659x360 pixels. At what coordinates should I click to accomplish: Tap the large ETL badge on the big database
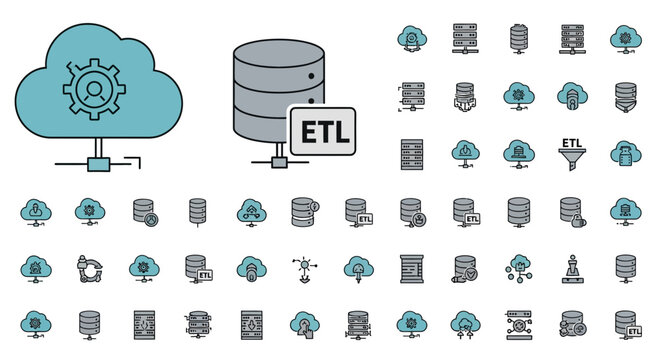[x=322, y=133]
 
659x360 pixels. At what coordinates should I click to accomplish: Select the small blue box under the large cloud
[x=99, y=162]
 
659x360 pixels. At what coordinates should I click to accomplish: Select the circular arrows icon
[x=90, y=267]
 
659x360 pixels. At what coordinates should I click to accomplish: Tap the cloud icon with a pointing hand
[x=304, y=324]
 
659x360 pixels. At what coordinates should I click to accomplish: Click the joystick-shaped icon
[x=572, y=268]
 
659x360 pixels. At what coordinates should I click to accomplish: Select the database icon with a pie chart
[x=143, y=211]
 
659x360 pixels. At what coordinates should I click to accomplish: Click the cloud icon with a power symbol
[x=464, y=152]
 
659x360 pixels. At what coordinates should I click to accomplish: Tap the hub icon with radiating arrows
[x=304, y=267]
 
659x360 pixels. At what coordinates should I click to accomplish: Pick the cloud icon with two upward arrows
[x=464, y=323]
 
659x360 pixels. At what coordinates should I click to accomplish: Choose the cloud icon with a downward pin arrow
[x=357, y=268]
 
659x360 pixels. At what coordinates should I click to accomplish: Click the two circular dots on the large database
[x=312, y=83]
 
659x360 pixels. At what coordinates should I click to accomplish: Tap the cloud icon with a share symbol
[x=250, y=211]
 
